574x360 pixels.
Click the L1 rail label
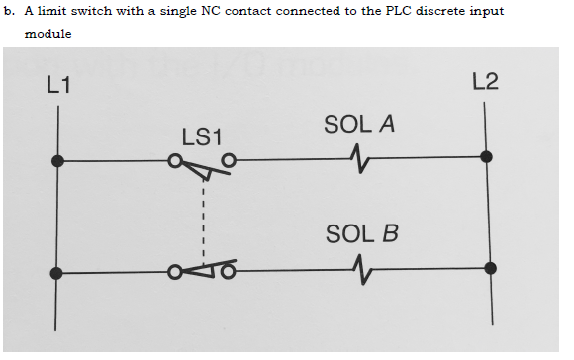[58, 85]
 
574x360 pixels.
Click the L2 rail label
[485, 81]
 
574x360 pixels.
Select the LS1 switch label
[203, 135]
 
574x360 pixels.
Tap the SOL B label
[361, 234]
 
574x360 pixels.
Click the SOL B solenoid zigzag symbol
[361, 268]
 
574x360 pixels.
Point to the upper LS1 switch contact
[201, 164]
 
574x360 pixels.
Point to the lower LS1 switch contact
[202, 269]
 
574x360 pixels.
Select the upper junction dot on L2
[485, 156]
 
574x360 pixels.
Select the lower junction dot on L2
[490, 267]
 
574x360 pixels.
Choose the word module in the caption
[48, 33]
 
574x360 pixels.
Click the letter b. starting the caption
[7, 11]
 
